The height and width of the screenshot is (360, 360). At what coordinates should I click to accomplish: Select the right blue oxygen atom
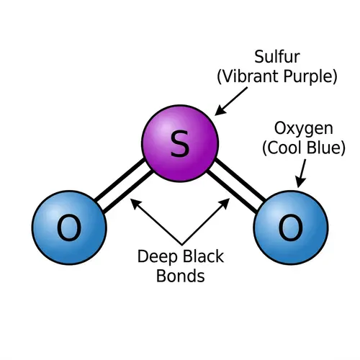(x=290, y=228)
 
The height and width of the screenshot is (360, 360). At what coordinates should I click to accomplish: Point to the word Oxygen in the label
(x=303, y=129)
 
